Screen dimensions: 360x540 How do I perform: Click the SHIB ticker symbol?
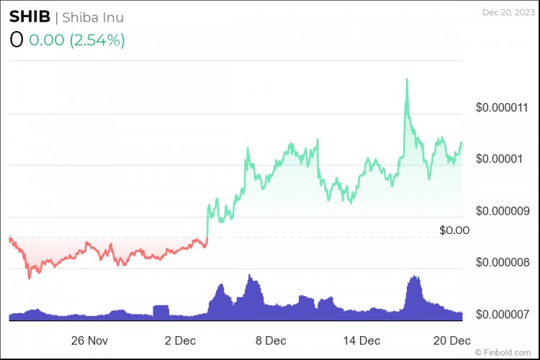[x=30, y=17]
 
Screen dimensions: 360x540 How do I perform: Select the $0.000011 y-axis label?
[x=503, y=107]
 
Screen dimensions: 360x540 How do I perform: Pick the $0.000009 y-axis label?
[x=503, y=211]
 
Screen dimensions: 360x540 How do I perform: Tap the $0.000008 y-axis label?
[x=503, y=262]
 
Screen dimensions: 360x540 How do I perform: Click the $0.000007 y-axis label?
[x=503, y=314]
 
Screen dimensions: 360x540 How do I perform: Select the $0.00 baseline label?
[x=454, y=230]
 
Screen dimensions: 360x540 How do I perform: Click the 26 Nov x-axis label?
[x=90, y=340]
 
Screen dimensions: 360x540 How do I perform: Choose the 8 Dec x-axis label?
[x=271, y=340]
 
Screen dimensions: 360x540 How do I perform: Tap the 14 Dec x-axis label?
[x=361, y=340]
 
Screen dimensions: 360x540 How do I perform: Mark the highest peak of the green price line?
[x=407, y=78]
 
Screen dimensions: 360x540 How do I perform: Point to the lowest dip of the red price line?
[x=29, y=278]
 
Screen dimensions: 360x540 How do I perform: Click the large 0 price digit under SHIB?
[x=17, y=40]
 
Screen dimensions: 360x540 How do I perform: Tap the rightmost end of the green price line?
[x=461, y=143]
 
